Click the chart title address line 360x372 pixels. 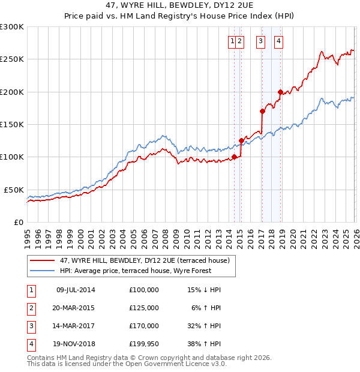pyautogui.click(x=180, y=7)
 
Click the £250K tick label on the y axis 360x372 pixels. pyautogui.click(x=12, y=59)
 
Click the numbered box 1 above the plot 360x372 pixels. pyautogui.click(x=232, y=41)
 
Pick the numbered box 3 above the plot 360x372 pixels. pyautogui.click(x=261, y=41)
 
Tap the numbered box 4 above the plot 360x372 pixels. pyautogui.click(x=280, y=41)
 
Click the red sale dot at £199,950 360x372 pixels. pyautogui.click(x=280, y=92)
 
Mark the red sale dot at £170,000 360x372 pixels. pyautogui.click(x=262, y=111)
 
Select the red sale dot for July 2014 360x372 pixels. pyautogui.click(x=234, y=157)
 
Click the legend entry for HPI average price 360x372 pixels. pyautogui.click(x=136, y=271)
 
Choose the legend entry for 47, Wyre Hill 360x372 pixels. pyautogui.click(x=139, y=260)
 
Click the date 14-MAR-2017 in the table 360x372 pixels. pyautogui.click(x=75, y=326)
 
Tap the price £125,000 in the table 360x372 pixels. pyautogui.click(x=144, y=308)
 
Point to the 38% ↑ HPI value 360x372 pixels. pyautogui.click(x=203, y=344)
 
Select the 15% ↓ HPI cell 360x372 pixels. pyautogui.click(x=203, y=290)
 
